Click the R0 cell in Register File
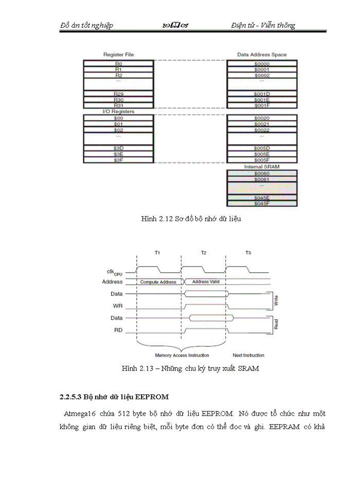coord(118,63)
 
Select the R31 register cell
coord(118,105)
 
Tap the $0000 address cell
coord(262,63)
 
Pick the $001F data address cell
coord(262,105)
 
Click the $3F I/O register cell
coord(118,160)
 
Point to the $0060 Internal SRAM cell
coord(262,173)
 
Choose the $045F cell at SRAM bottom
coord(262,204)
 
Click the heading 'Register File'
coord(119,55)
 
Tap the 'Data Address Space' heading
coord(262,55)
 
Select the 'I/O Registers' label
coord(118,112)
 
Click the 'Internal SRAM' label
coord(262,167)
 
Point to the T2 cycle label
coord(204,253)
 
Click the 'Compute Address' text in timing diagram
coord(158,282)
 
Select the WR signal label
coord(118,306)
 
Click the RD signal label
coord(118,330)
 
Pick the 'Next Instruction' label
coord(248,355)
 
